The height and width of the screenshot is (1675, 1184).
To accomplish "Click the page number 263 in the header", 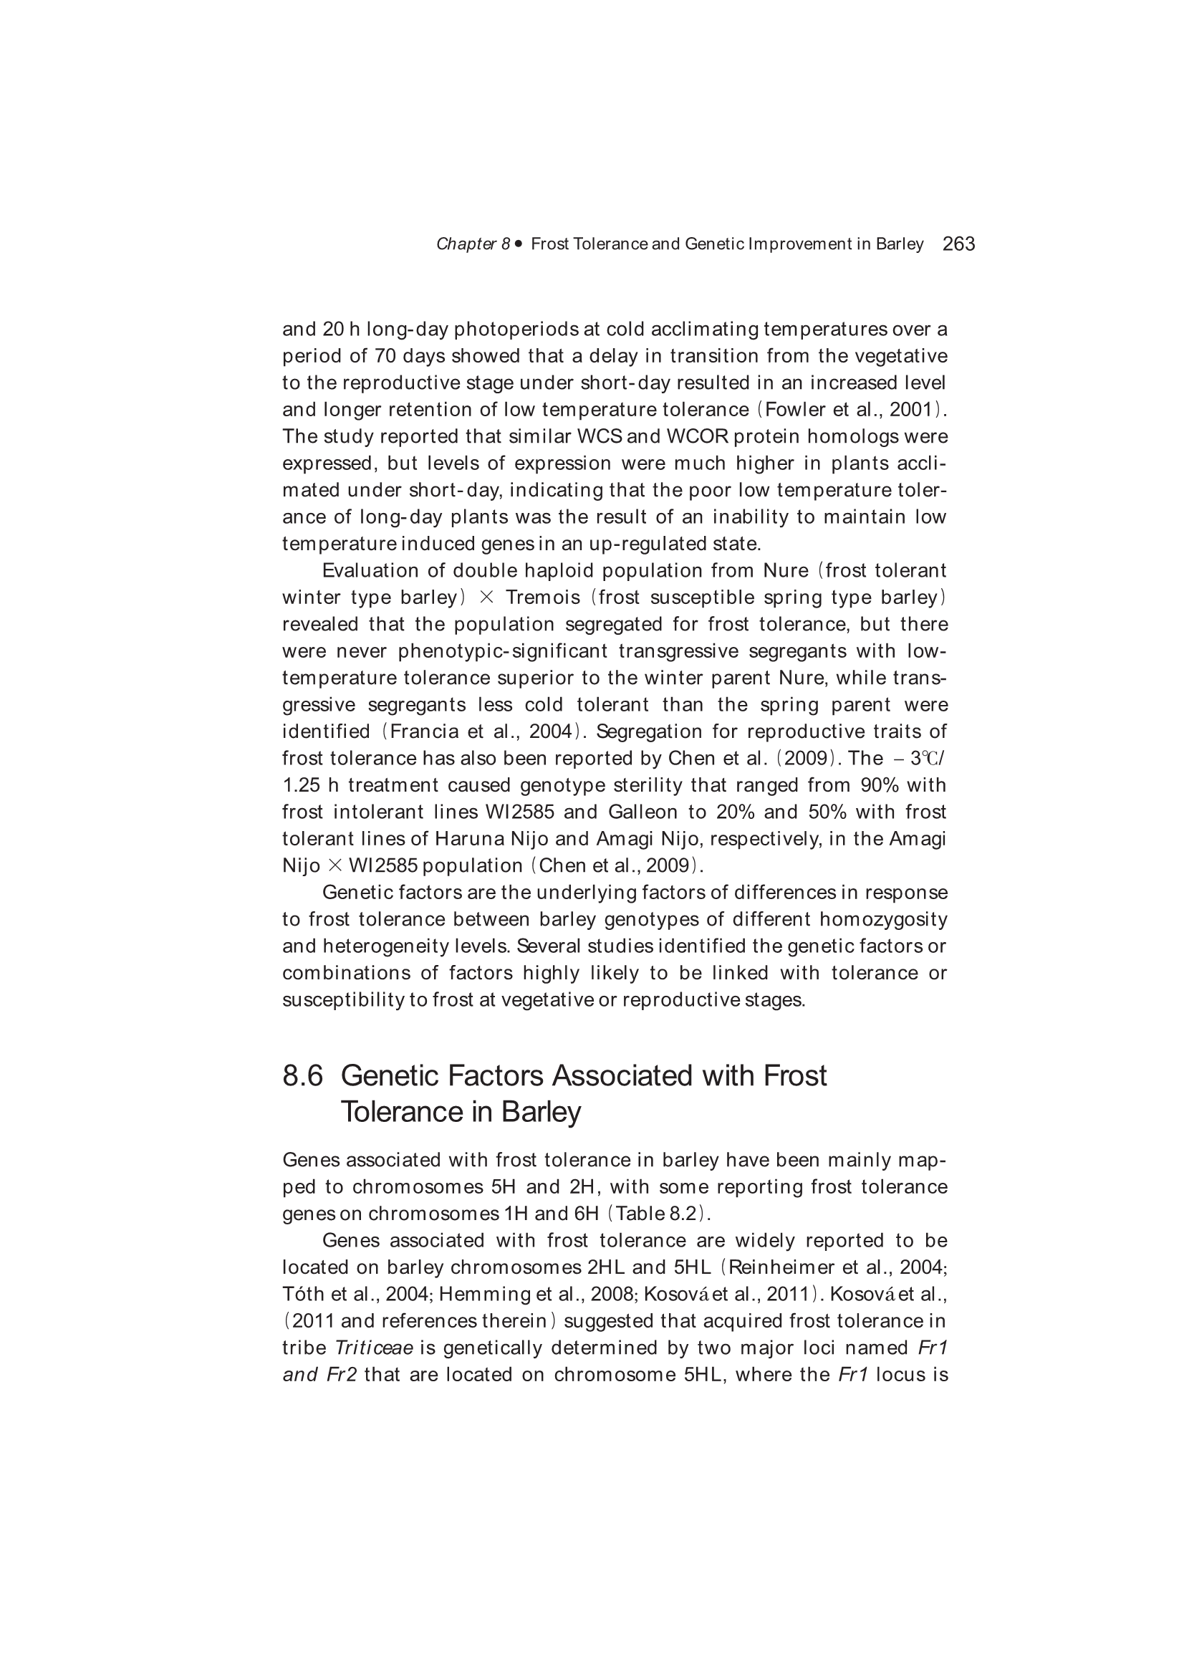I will click(x=958, y=244).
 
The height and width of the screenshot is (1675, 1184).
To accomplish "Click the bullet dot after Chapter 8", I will click(x=519, y=244).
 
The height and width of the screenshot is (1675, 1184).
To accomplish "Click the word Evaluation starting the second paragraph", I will click(x=383, y=570).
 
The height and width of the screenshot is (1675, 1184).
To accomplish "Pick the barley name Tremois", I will click(x=543, y=597).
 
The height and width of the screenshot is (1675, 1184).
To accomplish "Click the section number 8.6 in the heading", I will click(x=303, y=1076).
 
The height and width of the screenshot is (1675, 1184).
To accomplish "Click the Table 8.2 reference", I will click(x=658, y=1213).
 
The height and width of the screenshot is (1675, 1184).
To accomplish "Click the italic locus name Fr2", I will click(x=342, y=1374).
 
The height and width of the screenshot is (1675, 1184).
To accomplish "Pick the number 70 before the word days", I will click(x=385, y=356).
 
